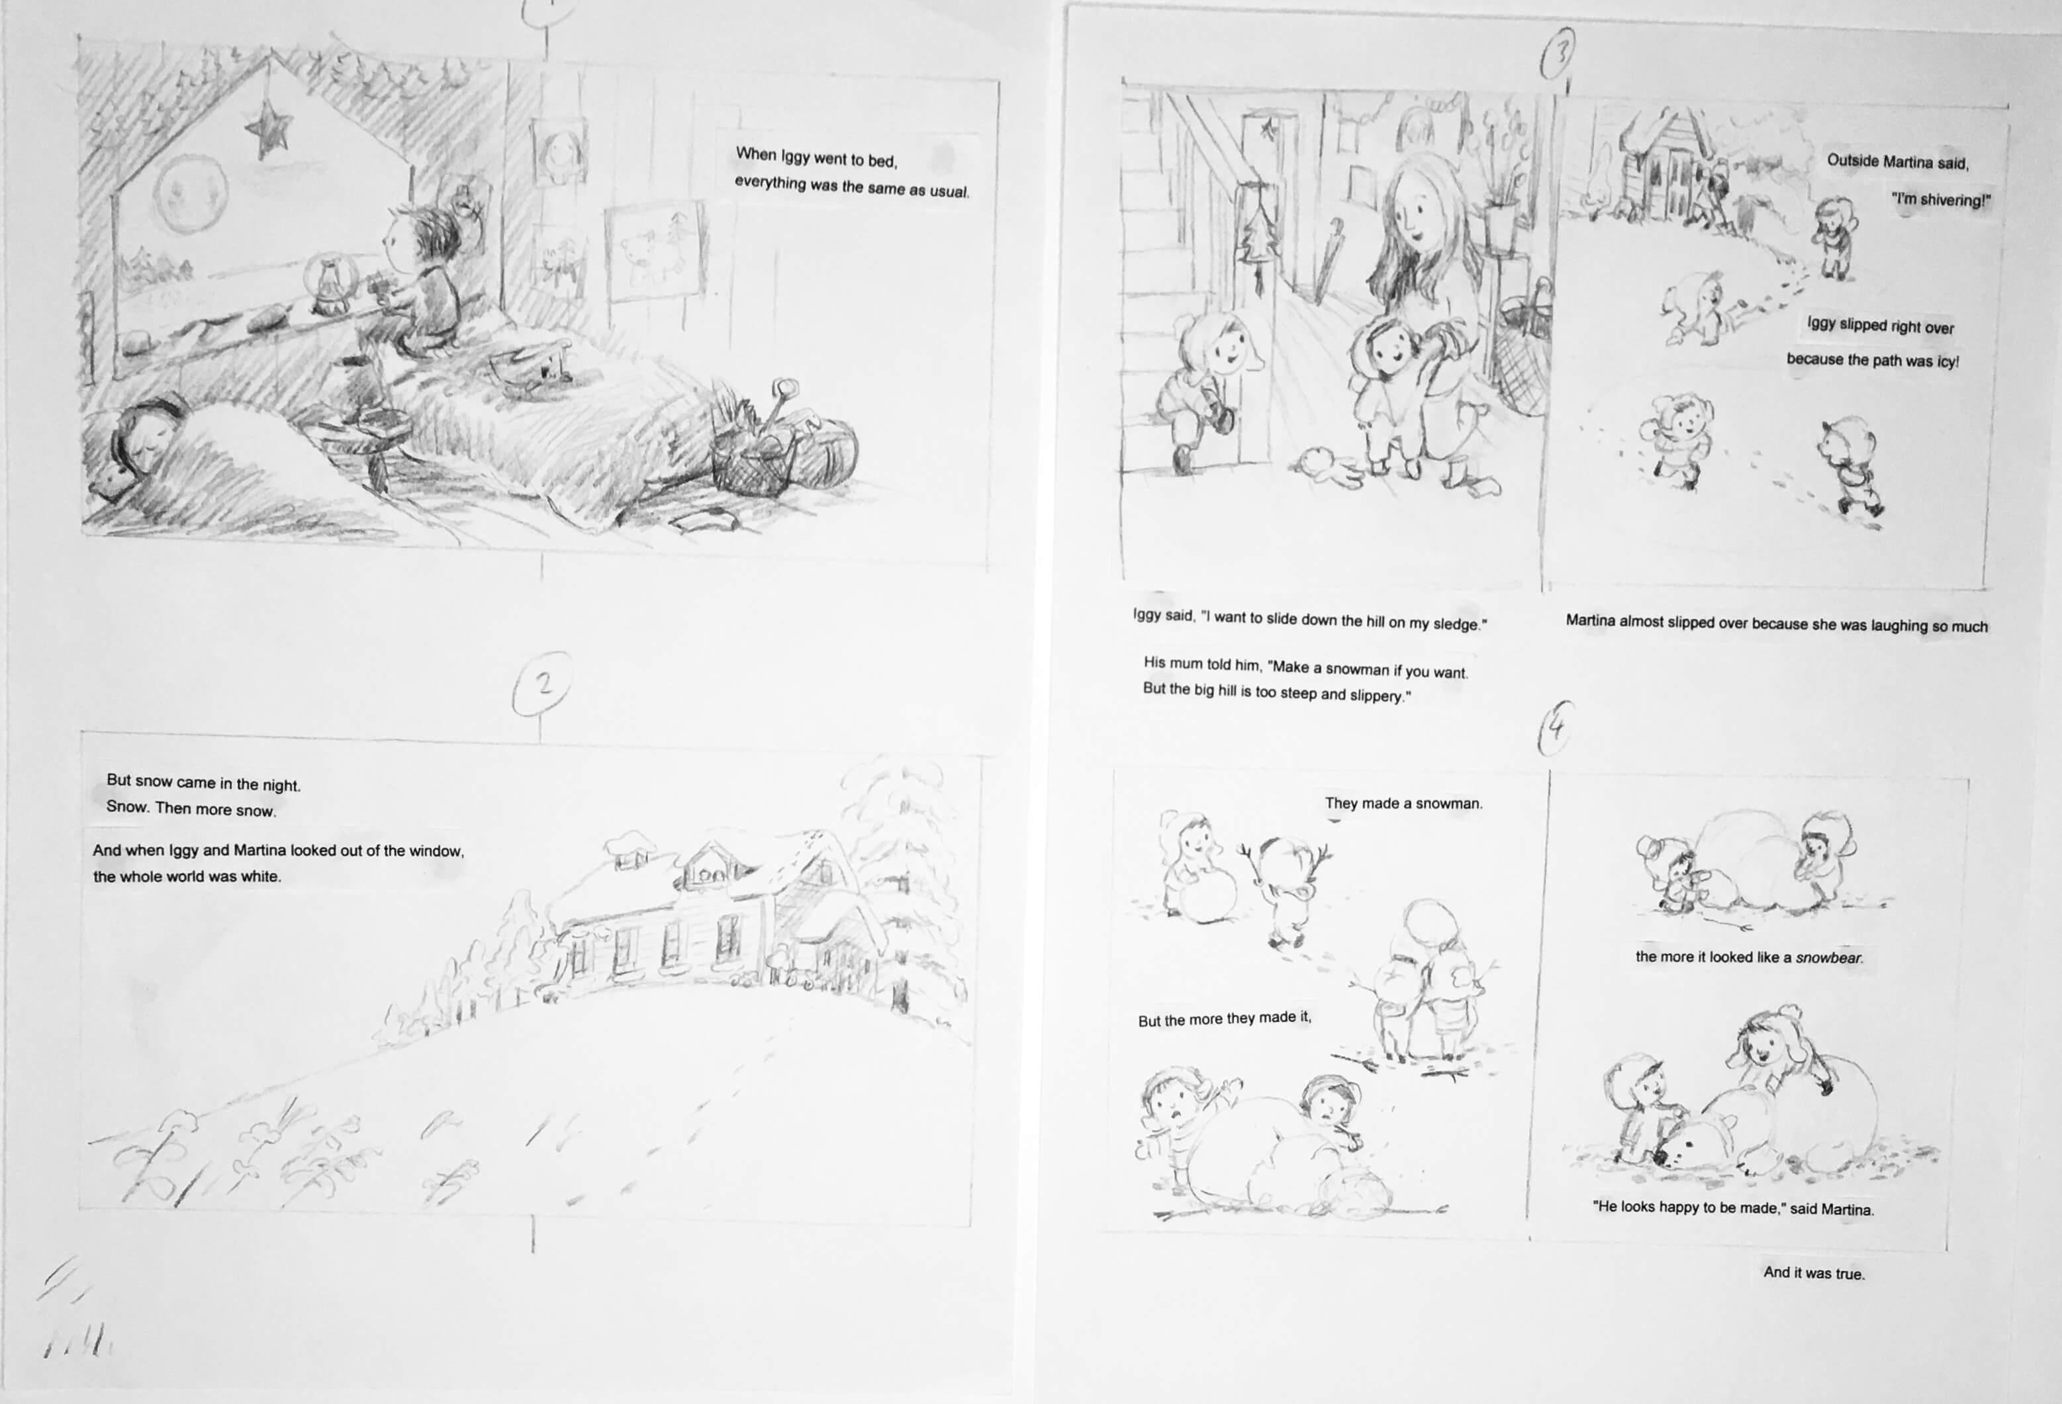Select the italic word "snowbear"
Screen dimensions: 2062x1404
coord(1828,959)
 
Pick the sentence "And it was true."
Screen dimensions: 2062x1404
coord(1814,1273)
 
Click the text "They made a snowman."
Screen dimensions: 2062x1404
coord(1403,803)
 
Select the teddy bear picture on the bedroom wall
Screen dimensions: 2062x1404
coord(655,252)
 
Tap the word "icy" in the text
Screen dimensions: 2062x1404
coord(1947,361)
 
